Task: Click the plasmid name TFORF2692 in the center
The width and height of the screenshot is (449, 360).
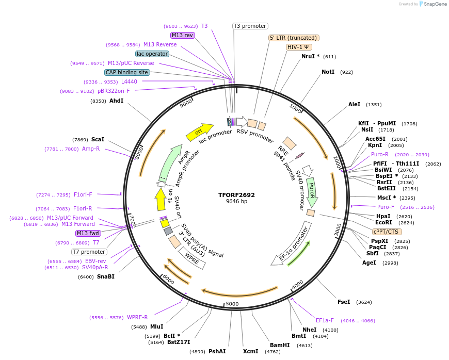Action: pyautogui.click(x=236, y=195)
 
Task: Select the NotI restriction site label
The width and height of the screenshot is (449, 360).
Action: pyautogui.click(x=328, y=72)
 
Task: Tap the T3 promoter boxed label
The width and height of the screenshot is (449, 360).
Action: pyautogui.click(x=250, y=26)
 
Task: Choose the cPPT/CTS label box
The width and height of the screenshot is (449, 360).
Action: pyautogui.click(x=386, y=232)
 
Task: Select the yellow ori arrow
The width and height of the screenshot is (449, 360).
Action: pyautogui.click(x=199, y=132)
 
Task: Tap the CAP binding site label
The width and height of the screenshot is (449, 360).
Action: pyautogui.click(x=127, y=72)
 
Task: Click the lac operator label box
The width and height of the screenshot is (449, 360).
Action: pyautogui.click(x=152, y=54)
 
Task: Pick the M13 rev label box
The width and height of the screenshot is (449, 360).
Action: pyautogui.click(x=182, y=35)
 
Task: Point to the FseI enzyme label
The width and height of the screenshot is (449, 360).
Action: pyautogui.click(x=344, y=302)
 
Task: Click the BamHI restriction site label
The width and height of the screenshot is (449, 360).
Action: pyautogui.click(x=280, y=345)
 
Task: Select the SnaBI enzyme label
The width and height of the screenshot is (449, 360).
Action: pyautogui.click(x=106, y=276)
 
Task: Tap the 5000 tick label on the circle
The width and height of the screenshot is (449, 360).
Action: pyautogui.click(x=232, y=304)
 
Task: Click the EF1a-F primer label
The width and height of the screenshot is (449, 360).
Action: pyautogui.click(x=325, y=320)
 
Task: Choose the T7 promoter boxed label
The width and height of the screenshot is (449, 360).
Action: pyautogui.click(x=89, y=252)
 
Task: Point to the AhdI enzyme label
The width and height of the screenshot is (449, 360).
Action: pyautogui.click(x=117, y=101)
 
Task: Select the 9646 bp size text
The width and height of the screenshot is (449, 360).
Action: pyautogui.click(x=236, y=202)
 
